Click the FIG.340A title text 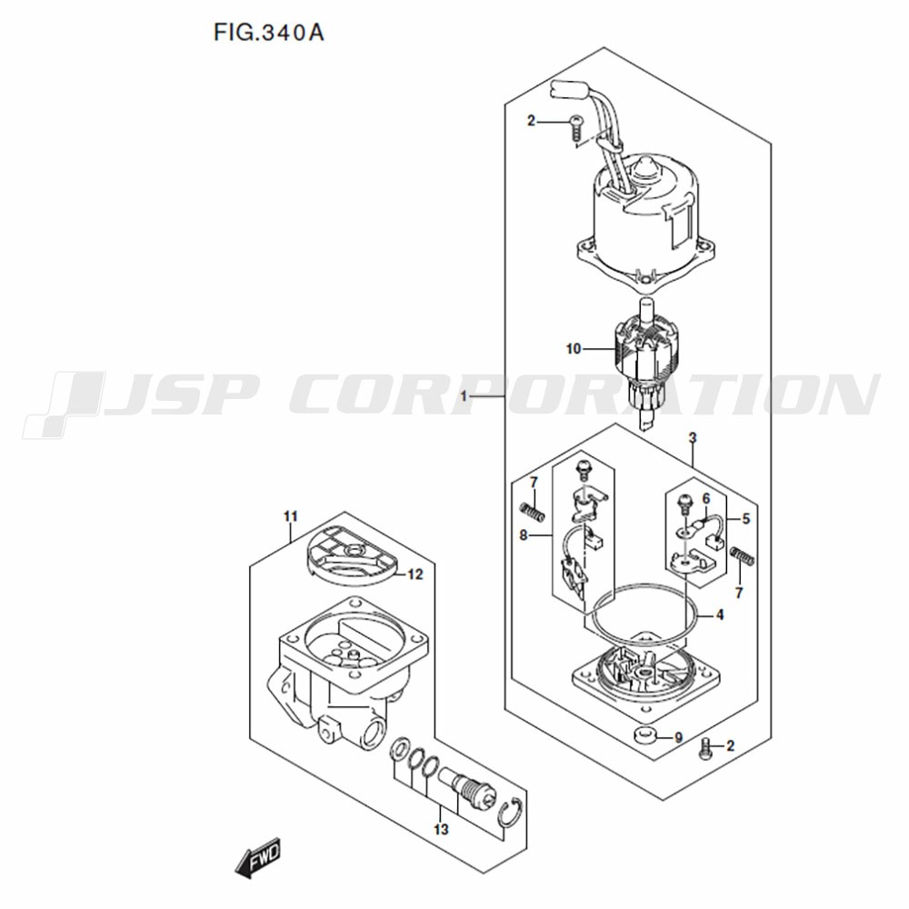click(x=268, y=33)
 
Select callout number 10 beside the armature click(x=573, y=349)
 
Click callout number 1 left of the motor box click(x=464, y=396)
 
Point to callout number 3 click(x=692, y=438)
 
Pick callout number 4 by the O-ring click(x=719, y=614)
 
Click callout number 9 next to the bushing click(x=678, y=738)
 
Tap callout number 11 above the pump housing click(x=291, y=516)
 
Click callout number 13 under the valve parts click(x=441, y=830)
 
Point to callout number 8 click(x=524, y=535)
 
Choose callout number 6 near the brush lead click(x=706, y=498)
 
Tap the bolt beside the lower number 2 click(x=704, y=748)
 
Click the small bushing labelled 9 click(x=645, y=734)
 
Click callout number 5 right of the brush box click(x=746, y=519)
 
